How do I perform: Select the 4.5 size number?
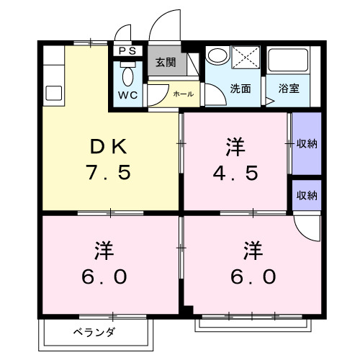point(235,174)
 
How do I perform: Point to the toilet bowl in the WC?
point(127,75)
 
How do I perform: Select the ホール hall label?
point(181,94)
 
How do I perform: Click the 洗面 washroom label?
point(240,89)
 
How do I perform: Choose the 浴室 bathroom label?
point(289,89)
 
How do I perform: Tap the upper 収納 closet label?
point(307,143)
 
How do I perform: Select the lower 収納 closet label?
point(307,194)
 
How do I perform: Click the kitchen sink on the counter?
point(53,92)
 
